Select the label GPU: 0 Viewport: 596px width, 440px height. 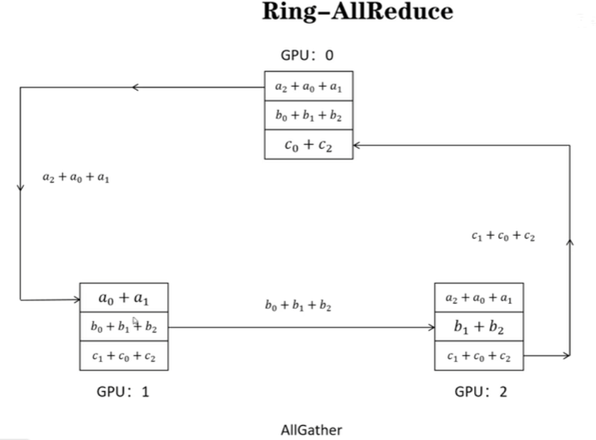(307, 57)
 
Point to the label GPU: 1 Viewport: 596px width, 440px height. (123, 391)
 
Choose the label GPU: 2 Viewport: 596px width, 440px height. (480, 391)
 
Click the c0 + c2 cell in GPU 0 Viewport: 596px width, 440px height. (308, 145)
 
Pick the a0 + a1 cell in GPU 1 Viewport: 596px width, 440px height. (123, 298)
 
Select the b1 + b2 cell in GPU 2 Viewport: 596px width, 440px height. (478, 327)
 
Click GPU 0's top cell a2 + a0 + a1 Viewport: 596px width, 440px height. (308, 86)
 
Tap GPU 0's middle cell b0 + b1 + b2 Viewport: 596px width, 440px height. (308, 115)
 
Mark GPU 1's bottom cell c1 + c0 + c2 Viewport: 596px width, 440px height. (123, 356)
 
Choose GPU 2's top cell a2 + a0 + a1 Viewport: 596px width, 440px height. (478, 298)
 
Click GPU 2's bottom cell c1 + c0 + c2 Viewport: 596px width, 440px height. (478, 356)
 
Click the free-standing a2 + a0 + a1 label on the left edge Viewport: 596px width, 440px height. (75, 177)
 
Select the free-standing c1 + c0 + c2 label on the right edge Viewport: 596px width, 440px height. (503, 236)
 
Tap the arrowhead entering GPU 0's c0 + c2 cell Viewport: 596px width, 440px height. (357, 145)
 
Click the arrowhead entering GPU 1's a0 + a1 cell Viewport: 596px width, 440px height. (77, 300)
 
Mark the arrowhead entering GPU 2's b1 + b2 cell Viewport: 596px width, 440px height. (431, 328)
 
